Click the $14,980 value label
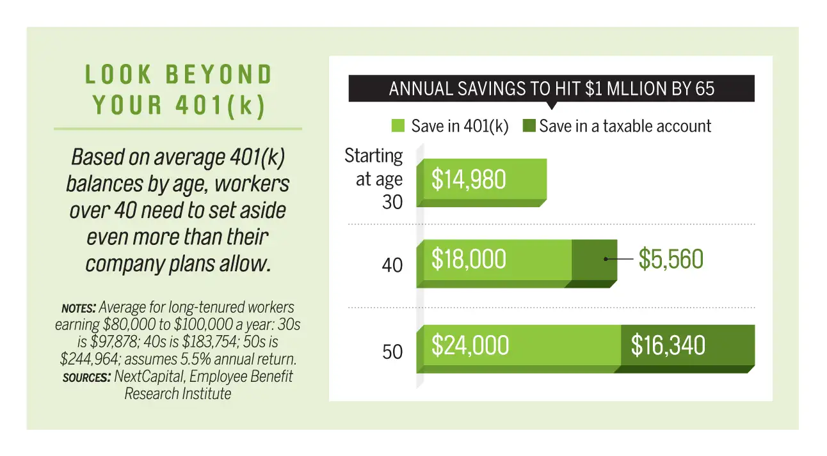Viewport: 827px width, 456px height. click(469, 180)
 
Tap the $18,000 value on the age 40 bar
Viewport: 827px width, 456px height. click(469, 260)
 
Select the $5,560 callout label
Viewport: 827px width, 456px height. click(671, 260)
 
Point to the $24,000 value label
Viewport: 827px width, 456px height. click(470, 346)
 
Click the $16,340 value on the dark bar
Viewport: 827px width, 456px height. click(668, 346)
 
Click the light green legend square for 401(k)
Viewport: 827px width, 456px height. click(398, 126)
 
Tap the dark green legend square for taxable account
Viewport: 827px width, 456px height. click(529, 126)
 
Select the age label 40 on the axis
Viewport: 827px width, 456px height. click(392, 265)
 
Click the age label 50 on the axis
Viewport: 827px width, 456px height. click(392, 352)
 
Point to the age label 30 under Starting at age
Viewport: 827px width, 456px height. click(392, 203)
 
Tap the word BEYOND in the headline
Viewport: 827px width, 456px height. click(219, 75)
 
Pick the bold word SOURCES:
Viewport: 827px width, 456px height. click(86, 377)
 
